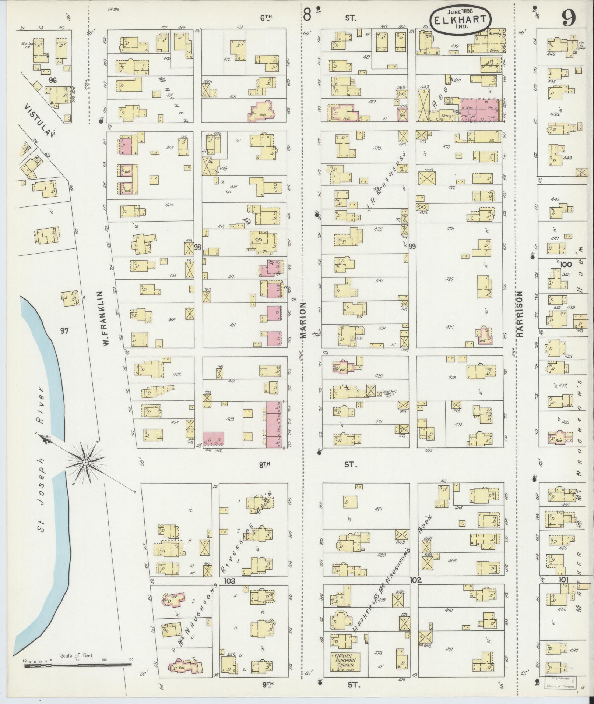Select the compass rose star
[85, 462]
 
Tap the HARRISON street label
[520, 314]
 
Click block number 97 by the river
[64, 331]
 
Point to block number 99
[412, 246]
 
